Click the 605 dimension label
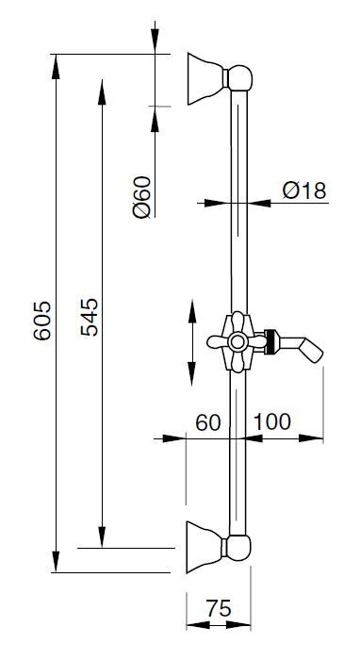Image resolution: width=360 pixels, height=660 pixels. [42, 320]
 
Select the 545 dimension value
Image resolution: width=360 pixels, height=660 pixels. [90, 317]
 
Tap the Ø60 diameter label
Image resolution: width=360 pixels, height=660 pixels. [141, 197]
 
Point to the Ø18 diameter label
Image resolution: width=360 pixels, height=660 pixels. [304, 190]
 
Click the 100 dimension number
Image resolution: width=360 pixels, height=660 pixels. [272, 421]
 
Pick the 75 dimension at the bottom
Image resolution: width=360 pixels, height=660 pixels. [219, 608]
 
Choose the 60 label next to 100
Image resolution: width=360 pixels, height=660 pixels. [208, 422]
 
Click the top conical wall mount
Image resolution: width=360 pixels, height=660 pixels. [205, 78]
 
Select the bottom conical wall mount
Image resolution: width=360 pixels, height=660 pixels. [204, 547]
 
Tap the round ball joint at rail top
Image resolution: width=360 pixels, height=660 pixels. [239, 78]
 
